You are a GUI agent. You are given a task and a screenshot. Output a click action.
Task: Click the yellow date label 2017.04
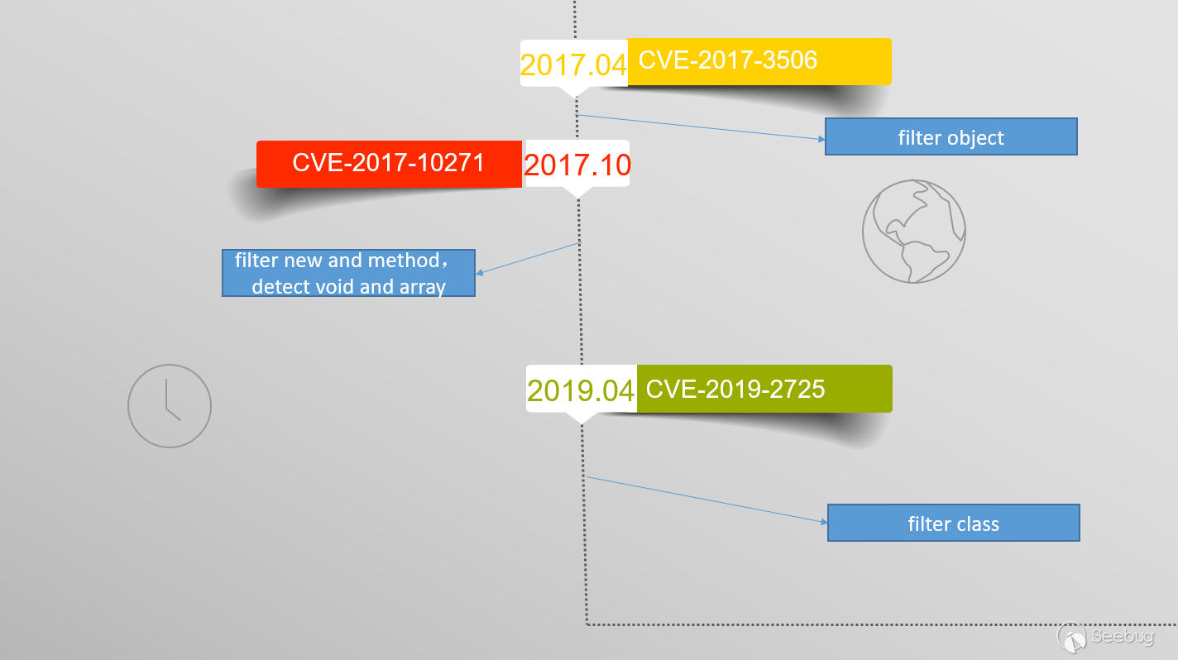(x=573, y=65)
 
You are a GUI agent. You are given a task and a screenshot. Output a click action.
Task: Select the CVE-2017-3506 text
(x=728, y=60)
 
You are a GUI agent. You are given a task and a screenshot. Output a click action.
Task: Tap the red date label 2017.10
(x=577, y=165)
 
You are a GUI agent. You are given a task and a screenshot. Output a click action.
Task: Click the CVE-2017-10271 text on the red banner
(x=388, y=162)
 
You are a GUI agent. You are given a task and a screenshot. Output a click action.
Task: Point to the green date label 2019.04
(x=581, y=390)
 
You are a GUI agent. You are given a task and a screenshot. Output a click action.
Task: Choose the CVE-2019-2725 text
(x=735, y=390)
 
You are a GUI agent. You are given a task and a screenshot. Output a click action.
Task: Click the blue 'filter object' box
(x=951, y=136)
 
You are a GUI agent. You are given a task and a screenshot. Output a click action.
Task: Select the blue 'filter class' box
(x=954, y=523)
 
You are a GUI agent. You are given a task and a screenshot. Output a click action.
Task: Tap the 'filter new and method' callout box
(x=348, y=273)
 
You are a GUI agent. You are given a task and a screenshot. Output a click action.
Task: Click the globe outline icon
(x=914, y=232)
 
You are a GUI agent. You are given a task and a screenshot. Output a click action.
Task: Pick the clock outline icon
(x=170, y=406)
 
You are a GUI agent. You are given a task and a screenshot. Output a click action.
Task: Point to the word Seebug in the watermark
(x=1123, y=636)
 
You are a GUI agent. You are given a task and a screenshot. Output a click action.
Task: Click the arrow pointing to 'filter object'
(x=700, y=127)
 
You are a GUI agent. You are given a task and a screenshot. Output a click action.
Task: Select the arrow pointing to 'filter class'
(x=706, y=500)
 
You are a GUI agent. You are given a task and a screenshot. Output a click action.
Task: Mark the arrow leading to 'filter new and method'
(x=528, y=258)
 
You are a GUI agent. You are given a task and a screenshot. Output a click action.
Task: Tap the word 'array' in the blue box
(x=422, y=287)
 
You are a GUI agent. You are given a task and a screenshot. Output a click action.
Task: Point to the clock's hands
(x=174, y=399)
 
